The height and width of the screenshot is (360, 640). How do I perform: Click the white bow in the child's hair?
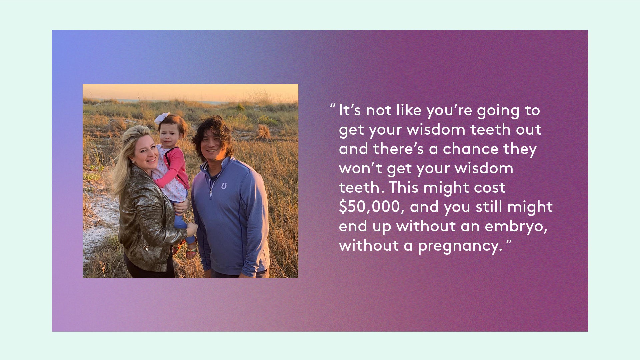(x=162, y=118)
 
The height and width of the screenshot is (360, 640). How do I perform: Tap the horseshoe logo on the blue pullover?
(x=224, y=186)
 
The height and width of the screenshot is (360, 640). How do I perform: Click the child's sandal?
(x=191, y=251)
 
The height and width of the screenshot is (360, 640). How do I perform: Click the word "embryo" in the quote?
(x=516, y=226)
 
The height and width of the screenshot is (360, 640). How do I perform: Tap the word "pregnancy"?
(x=460, y=246)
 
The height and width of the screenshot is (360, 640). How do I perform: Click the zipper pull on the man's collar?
(x=210, y=192)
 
